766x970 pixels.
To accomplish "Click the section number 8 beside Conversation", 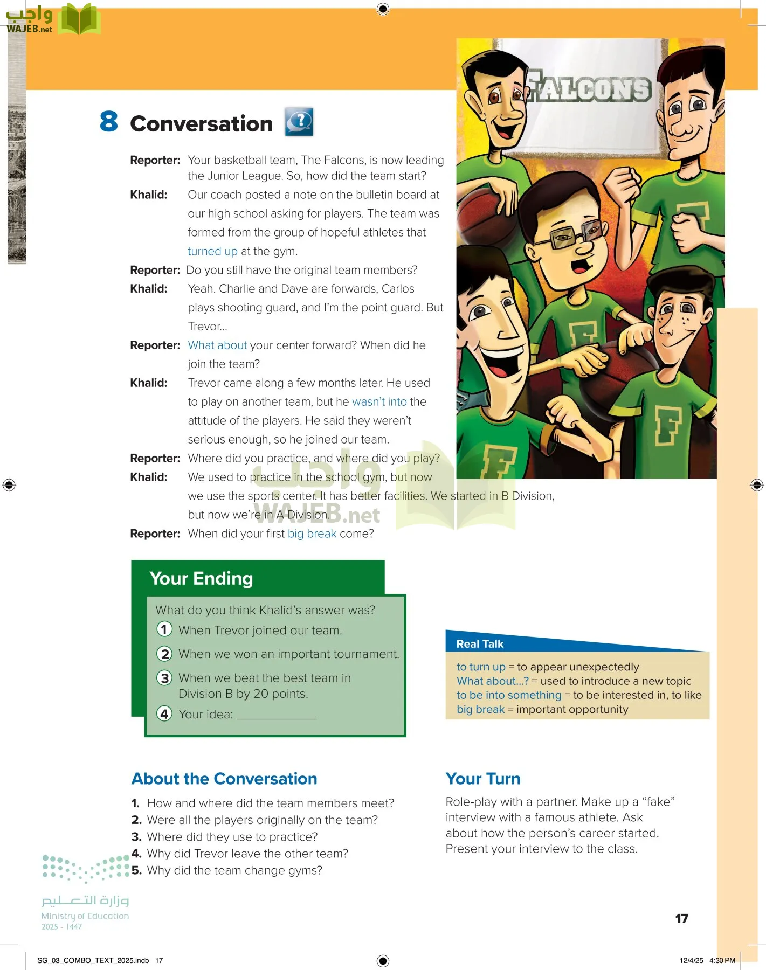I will tap(108, 122).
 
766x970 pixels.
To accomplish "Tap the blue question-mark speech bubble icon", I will tap(299, 122).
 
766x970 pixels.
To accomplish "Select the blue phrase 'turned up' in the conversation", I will tap(212, 251).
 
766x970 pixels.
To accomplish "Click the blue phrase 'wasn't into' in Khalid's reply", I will tap(379, 402).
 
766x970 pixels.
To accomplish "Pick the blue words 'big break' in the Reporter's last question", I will tap(312, 533).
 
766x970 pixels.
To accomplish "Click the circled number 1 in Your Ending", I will tap(164, 629).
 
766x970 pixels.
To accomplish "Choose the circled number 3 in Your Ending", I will tap(164, 678).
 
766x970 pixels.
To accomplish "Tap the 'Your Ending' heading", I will tap(201, 578).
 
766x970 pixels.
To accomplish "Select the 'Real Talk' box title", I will tap(480, 644).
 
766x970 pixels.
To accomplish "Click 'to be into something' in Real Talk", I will tap(509, 695).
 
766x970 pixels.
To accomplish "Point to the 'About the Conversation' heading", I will tap(224, 779).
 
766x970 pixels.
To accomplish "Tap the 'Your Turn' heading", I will tap(483, 779).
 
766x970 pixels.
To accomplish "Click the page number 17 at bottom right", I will tap(681, 918).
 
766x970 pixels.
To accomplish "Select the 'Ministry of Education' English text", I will tap(85, 916).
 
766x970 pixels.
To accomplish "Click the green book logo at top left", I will tap(79, 20).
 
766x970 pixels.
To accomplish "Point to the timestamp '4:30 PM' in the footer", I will tap(722, 960).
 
